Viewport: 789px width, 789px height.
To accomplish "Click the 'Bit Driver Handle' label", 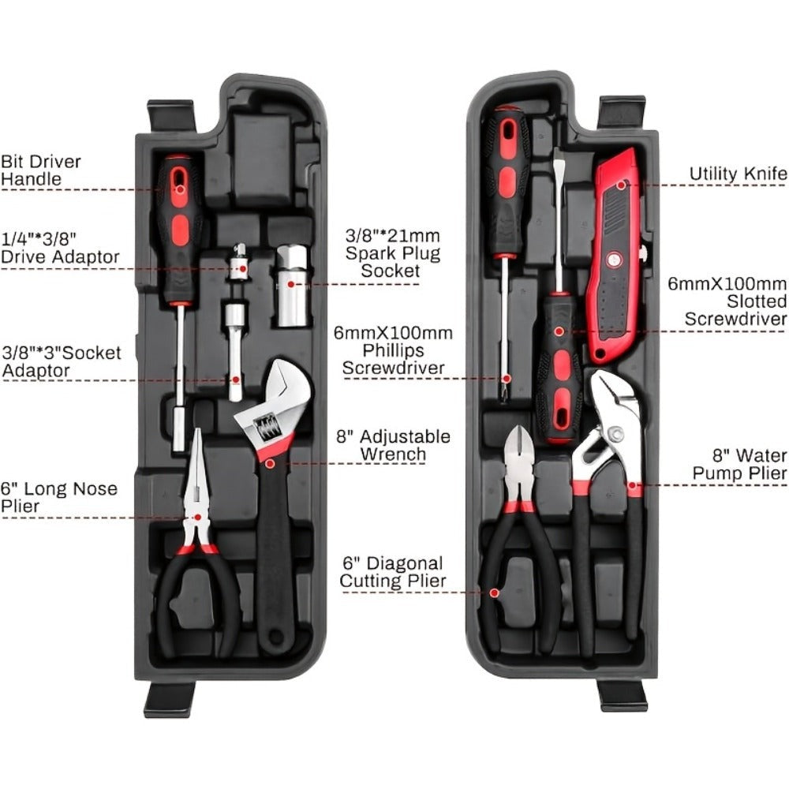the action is (41, 170).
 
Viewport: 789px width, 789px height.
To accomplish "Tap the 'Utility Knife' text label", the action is (739, 174).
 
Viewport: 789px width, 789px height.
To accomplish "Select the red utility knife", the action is (617, 256).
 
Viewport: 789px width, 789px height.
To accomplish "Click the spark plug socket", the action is (291, 286).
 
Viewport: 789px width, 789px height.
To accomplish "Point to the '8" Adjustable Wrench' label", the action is (393, 445).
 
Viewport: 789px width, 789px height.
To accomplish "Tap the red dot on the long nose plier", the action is (197, 518).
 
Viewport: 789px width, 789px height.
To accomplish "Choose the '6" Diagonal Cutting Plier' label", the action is (392, 572).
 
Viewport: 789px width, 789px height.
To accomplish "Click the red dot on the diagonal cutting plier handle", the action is (494, 593).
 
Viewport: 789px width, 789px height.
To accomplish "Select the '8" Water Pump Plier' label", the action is (739, 464).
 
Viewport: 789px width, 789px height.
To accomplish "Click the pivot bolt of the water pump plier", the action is (615, 432).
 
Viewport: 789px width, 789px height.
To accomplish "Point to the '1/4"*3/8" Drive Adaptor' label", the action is (60, 247).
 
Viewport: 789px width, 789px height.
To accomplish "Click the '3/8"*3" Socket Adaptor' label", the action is (62, 361).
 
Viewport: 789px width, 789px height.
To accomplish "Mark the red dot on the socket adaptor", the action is (235, 380).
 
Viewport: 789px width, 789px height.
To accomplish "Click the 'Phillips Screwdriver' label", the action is (393, 359).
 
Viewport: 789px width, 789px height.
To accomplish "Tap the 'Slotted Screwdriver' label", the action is (735, 310).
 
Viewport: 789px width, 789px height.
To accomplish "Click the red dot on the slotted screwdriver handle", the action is (559, 331).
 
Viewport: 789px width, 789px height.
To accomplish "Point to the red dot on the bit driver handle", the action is (180, 189).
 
